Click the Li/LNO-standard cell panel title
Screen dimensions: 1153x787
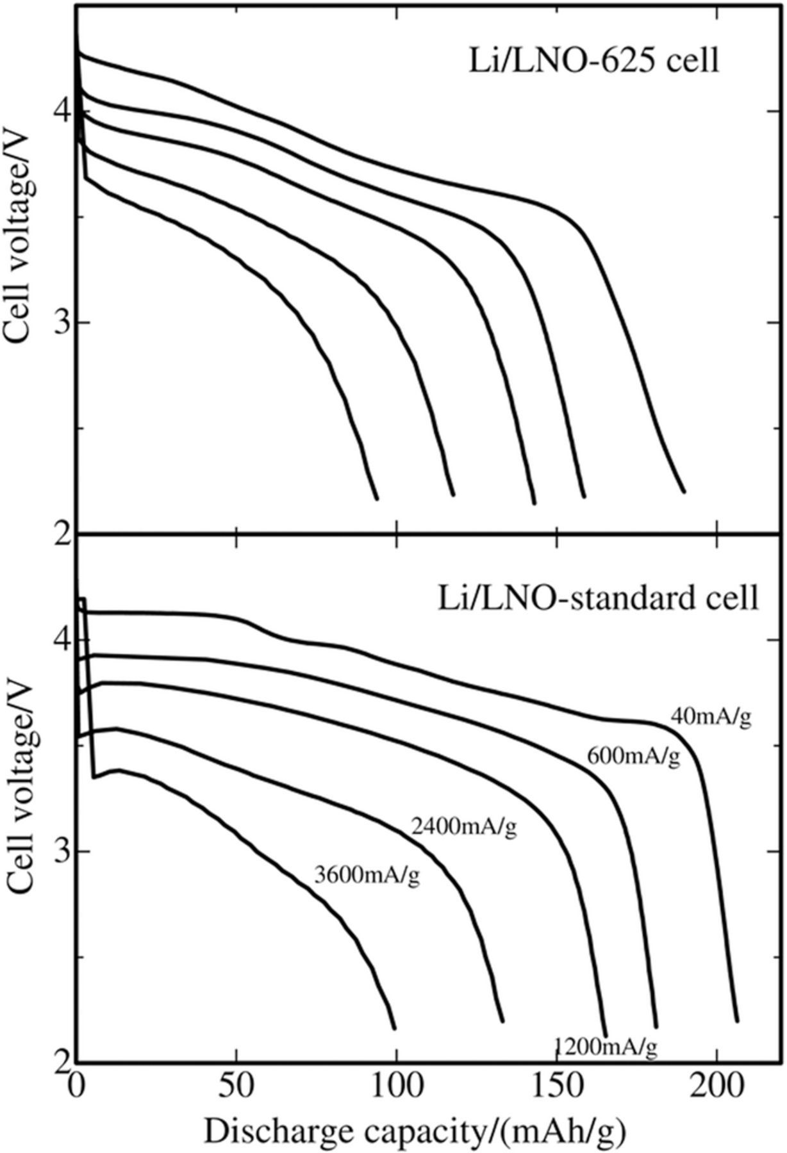click(597, 598)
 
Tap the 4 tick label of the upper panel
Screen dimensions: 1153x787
click(62, 111)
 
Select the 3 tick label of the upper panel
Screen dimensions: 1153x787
click(62, 322)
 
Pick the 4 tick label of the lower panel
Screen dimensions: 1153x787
click(62, 641)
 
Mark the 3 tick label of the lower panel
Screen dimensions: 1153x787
click(62, 851)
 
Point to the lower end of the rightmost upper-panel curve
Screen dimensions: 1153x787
click(684, 491)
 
